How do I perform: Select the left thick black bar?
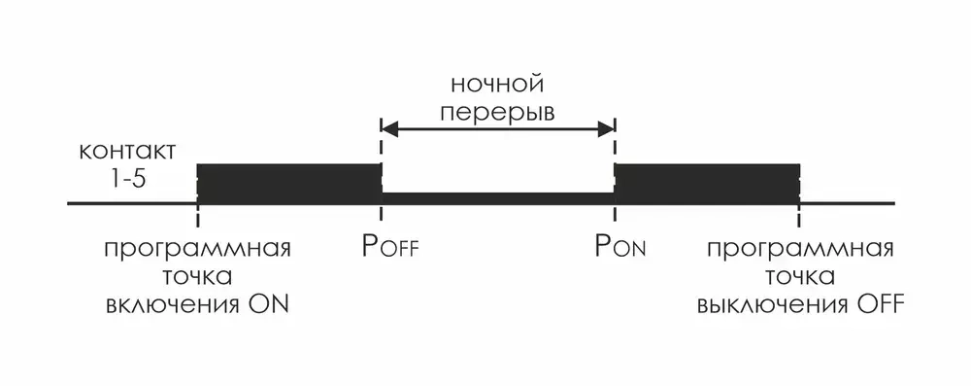pyautogui.click(x=288, y=183)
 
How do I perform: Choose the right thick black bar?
pyautogui.click(x=707, y=183)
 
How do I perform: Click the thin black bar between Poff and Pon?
pyautogui.click(x=497, y=197)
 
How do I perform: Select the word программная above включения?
pyautogui.click(x=198, y=246)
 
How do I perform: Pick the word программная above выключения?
pyautogui.click(x=800, y=246)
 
